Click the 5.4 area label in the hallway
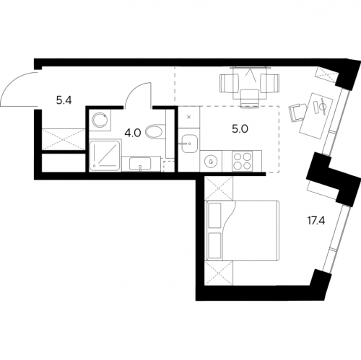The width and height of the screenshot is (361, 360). point(64,100)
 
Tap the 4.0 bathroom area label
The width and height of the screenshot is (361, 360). point(133,133)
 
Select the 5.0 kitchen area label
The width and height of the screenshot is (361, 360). point(240,129)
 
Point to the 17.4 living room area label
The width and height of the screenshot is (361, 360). point(316,221)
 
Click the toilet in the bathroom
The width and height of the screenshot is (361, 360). point(155,131)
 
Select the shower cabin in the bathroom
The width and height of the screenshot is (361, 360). point(105,155)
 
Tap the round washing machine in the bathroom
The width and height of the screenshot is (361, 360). point(100,120)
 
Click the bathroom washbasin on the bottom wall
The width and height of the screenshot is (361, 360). point(140,164)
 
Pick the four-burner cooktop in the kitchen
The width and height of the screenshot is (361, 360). point(242,161)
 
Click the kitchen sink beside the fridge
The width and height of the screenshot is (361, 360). point(189,144)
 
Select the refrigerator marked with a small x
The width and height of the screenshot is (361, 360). point(189,117)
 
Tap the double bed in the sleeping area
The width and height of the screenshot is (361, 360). point(243,230)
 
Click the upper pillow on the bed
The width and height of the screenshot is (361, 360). point(214,215)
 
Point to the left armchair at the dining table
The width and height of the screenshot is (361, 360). point(230,83)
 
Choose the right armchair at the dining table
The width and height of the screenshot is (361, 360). point(269,83)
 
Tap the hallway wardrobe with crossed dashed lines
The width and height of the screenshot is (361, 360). point(64,139)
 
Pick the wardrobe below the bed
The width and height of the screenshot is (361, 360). point(219,273)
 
